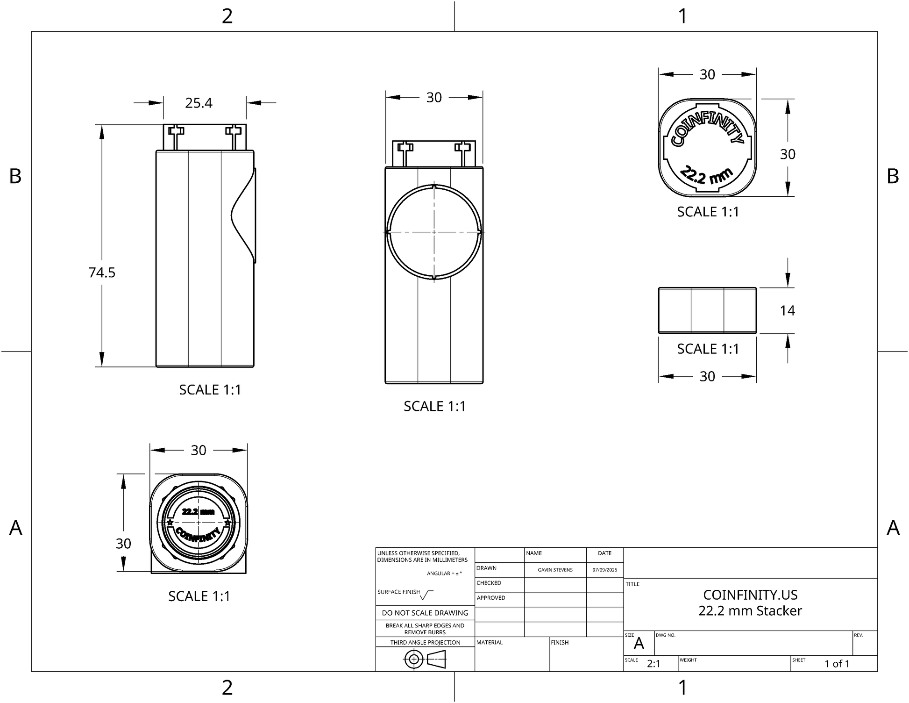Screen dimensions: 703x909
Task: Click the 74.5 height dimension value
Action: click(102, 273)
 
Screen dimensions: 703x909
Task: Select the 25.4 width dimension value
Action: click(199, 103)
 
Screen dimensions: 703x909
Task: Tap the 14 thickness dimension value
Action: click(787, 310)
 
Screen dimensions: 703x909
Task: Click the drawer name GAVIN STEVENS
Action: click(555, 570)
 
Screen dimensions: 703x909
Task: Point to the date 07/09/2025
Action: click(604, 570)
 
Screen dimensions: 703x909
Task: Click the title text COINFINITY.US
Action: click(750, 595)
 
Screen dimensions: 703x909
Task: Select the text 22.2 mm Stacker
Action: click(750, 611)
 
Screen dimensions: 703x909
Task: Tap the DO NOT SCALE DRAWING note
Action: click(425, 613)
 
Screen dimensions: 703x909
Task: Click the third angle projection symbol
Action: click(425, 660)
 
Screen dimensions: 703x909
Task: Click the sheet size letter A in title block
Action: click(639, 644)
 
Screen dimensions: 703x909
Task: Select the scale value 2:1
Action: click(653, 664)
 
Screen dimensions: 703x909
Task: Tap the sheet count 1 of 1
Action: click(837, 664)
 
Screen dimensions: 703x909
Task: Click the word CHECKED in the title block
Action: click(489, 583)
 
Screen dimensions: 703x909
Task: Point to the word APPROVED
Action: click(490, 598)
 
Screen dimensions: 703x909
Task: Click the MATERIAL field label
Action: click(490, 643)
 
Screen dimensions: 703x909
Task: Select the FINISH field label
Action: click(560, 643)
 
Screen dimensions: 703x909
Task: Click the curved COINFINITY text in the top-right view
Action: click(706, 126)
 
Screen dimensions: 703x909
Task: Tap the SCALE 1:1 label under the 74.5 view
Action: click(210, 390)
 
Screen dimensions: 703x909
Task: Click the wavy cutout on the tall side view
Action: click(244, 215)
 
